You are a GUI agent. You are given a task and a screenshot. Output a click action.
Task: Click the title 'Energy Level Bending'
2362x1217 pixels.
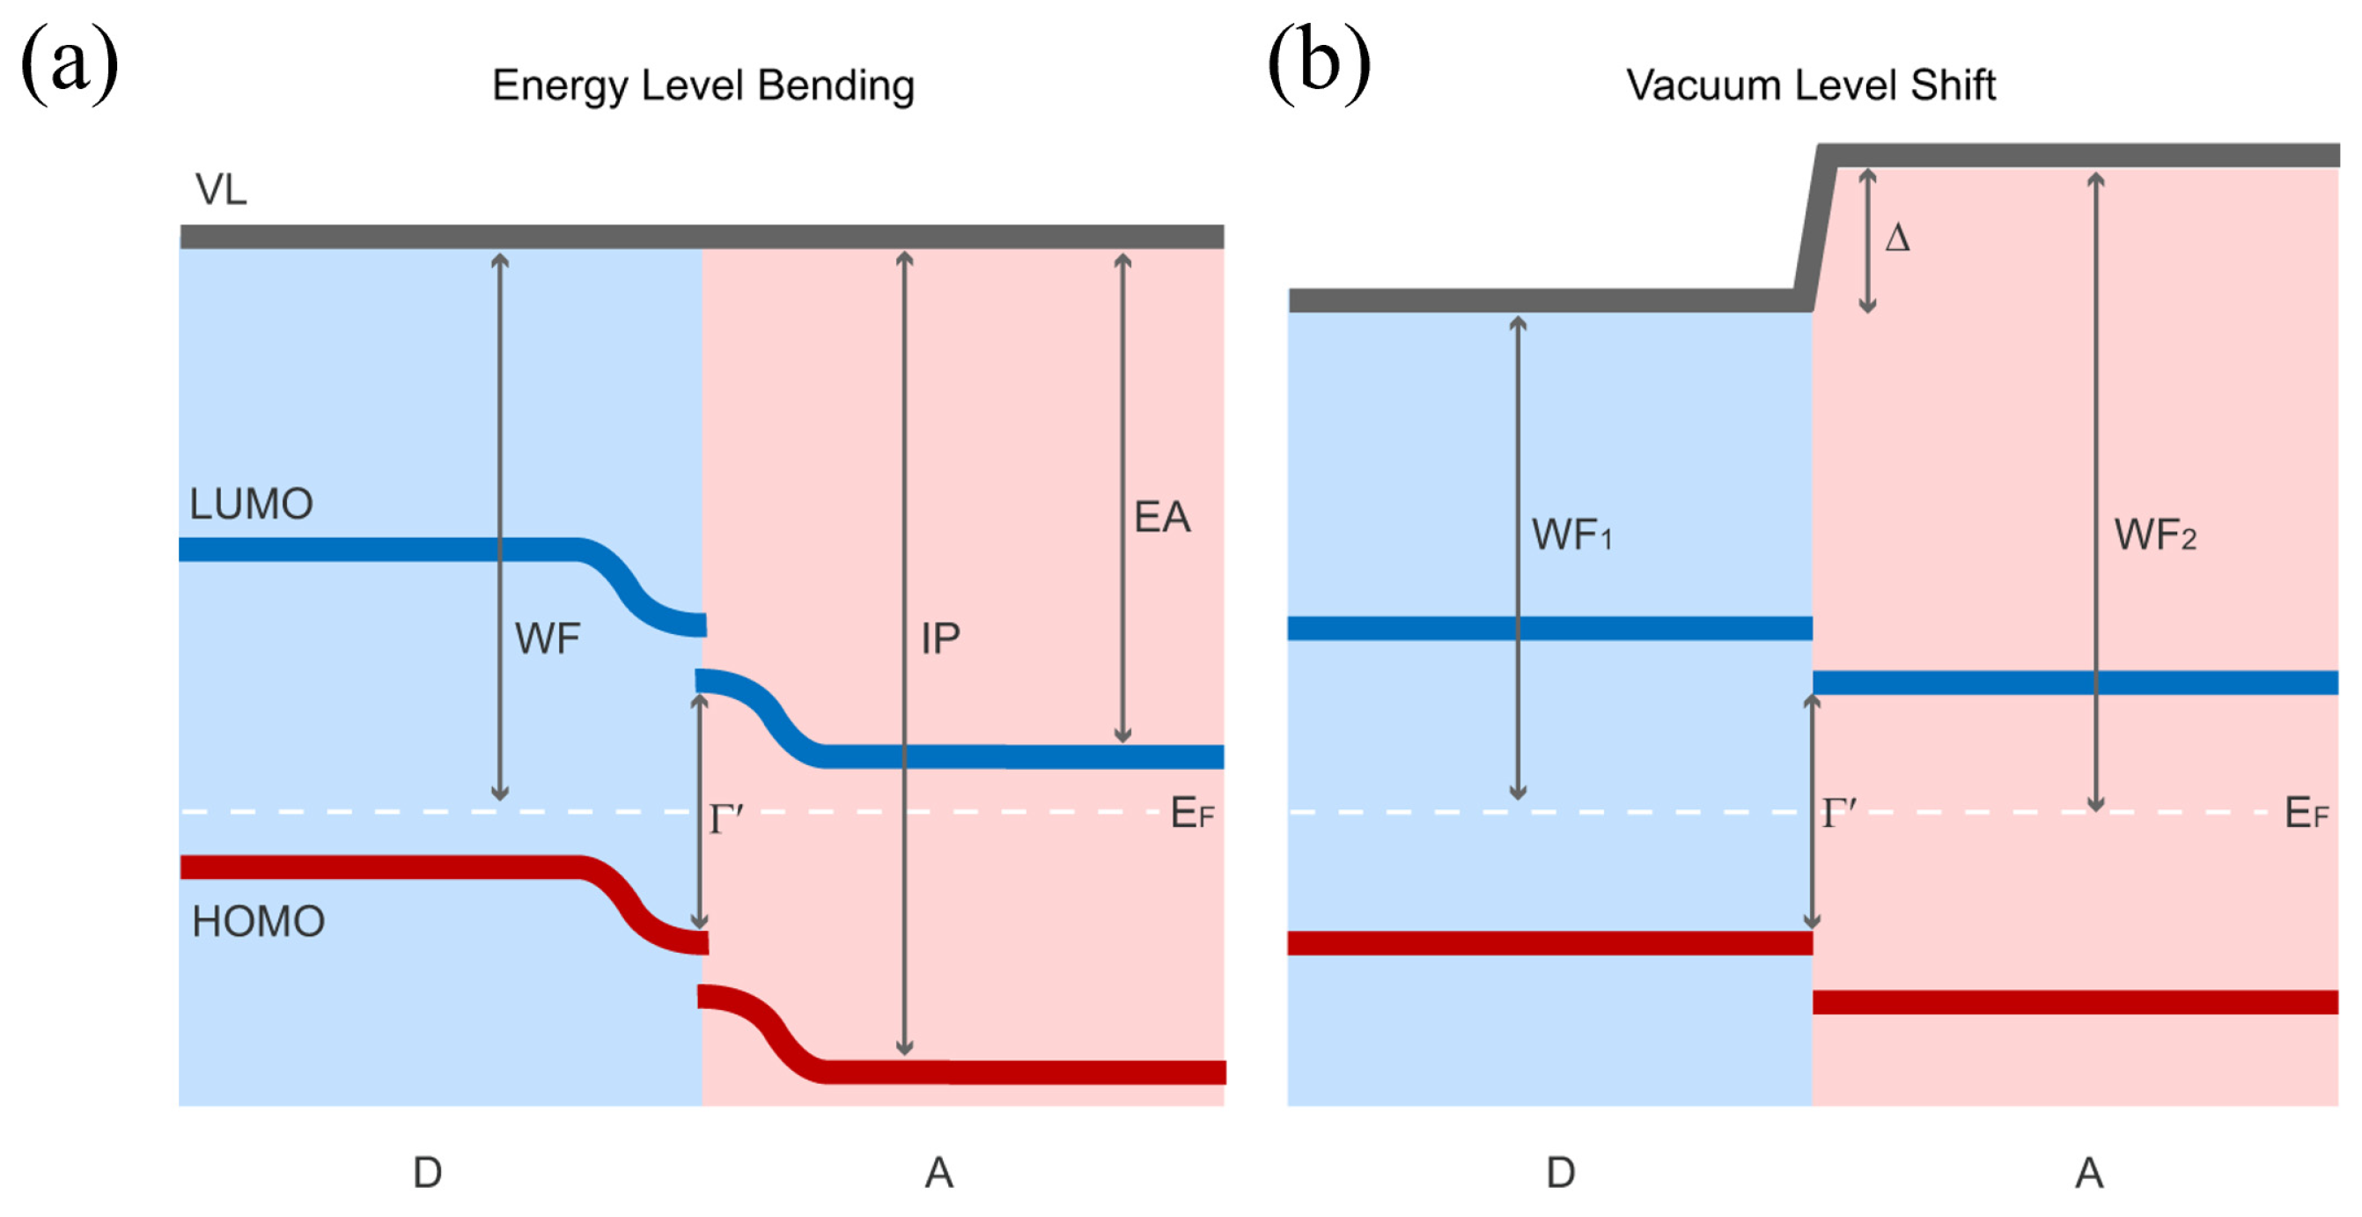pyautogui.click(x=703, y=85)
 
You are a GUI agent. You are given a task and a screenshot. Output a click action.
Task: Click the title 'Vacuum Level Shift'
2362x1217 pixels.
pyautogui.click(x=1810, y=85)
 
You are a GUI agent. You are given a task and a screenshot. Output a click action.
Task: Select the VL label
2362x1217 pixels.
pyautogui.click(x=221, y=190)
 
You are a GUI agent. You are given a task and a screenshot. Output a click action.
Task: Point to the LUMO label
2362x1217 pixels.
pyautogui.click(x=251, y=505)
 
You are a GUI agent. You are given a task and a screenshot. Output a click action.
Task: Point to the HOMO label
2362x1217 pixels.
pyautogui.click(x=259, y=922)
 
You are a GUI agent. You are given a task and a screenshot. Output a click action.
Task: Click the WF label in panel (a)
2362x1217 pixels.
pyautogui.click(x=548, y=638)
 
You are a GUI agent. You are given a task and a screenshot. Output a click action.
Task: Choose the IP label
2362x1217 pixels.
pyautogui.click(x=941, y=638)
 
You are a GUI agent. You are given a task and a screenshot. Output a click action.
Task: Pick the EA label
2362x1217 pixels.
pyautogui.click(x=1162, y=517)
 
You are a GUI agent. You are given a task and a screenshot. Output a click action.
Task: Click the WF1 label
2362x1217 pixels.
pyautogui.click(x=1571, y=535)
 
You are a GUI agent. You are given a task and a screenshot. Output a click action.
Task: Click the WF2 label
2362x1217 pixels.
pyautogui.click(x=2155, y=535)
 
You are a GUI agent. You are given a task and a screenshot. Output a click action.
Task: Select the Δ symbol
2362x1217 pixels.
pyautogui.click(x=1897, y=240)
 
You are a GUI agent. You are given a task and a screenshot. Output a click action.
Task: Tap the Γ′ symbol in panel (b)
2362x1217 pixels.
pyautogui.click(x=1838, y=814)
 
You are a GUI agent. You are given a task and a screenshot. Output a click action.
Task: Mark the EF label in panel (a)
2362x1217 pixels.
pyautogui.click(x=1192, y=814)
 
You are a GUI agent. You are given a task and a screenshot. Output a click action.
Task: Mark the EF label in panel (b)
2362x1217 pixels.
pyautogui.click(x=2305, y=814)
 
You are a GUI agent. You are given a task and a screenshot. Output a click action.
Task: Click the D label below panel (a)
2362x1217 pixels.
pyautogui.click(x=427, y=1173)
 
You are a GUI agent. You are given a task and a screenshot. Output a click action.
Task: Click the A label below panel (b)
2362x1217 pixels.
pyautogui.click(x=2089, y=1173)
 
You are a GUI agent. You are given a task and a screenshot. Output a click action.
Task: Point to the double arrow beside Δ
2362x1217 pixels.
pyautogui.click(x=1867, y=240)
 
